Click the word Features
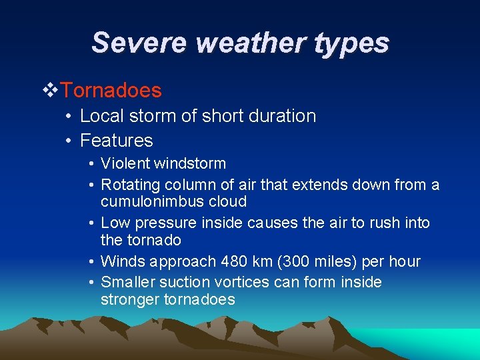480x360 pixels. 116,141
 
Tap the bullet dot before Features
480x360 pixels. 69,141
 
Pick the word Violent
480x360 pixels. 127,163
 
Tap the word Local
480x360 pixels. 97,116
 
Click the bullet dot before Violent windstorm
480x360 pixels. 91,164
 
